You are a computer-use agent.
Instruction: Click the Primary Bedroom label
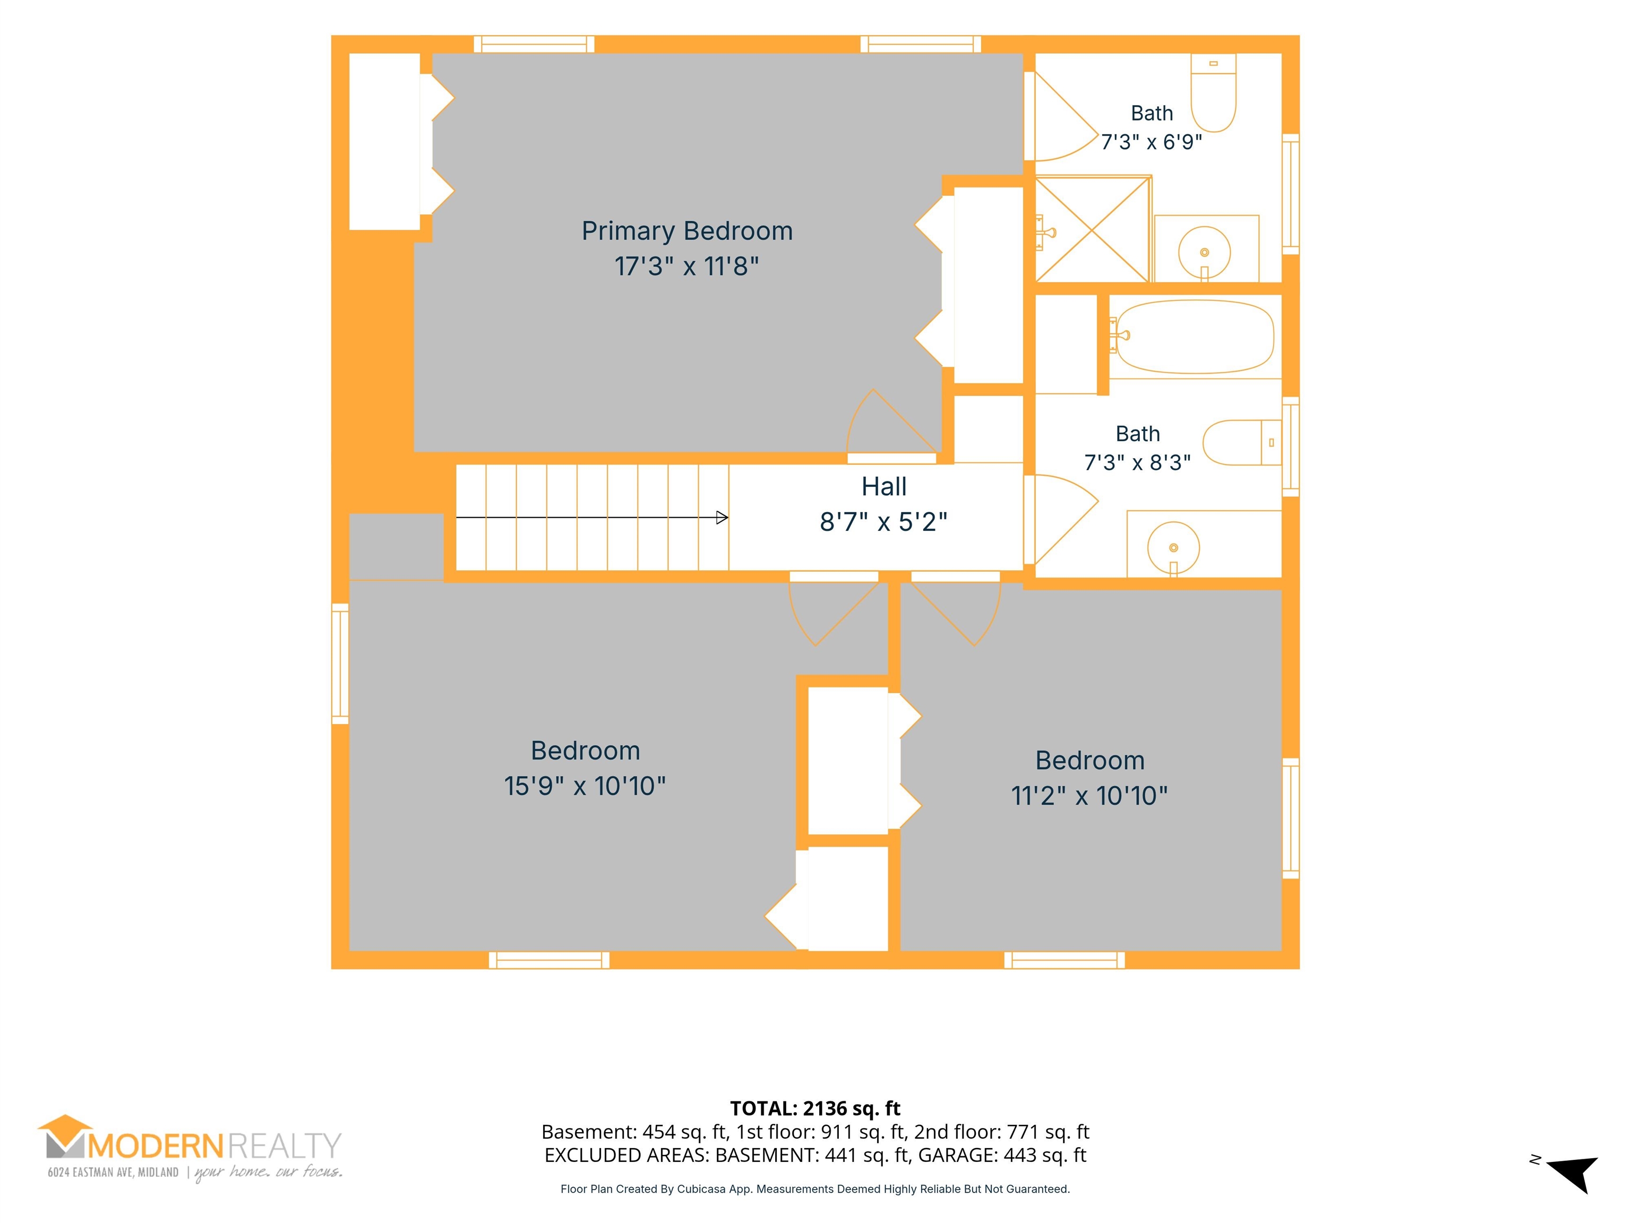687,231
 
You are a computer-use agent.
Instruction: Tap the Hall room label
884,487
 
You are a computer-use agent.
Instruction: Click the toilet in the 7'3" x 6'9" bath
1214,93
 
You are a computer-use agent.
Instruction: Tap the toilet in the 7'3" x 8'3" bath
1242,442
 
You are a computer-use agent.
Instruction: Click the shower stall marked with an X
1093,229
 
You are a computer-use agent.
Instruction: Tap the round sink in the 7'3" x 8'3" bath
1173,548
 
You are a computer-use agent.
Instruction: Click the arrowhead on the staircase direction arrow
723,518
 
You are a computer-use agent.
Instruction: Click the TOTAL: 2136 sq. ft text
815,1109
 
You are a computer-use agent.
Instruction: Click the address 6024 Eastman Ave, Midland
113,1172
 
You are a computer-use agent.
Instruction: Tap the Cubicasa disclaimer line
815,1189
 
